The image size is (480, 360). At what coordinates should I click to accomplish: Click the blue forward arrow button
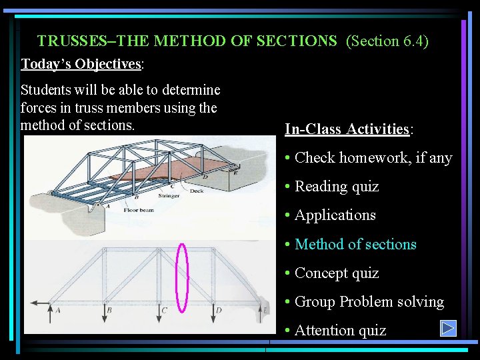pos(448,329)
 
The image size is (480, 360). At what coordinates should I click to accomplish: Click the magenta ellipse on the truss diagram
pos(181,277)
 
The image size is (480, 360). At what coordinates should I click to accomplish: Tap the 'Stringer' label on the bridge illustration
pos(169,197)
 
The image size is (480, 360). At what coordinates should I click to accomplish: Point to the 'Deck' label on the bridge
pos(197,191)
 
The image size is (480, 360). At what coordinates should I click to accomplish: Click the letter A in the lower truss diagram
pos(58,310)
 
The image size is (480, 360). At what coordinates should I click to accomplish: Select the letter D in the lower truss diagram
pos(219,310)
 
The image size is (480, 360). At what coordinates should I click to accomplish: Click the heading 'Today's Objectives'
pos(81,64)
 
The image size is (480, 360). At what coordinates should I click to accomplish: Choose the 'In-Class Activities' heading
pos(347,129)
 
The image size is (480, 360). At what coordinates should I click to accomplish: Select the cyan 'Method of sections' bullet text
pos(355,244)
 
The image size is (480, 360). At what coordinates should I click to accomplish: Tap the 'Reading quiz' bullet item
pos(336,187)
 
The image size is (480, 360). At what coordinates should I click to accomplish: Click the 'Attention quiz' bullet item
pos(340,330)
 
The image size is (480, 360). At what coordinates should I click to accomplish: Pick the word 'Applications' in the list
pos(335,215)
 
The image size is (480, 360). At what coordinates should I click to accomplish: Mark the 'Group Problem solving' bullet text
pos(369,301)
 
